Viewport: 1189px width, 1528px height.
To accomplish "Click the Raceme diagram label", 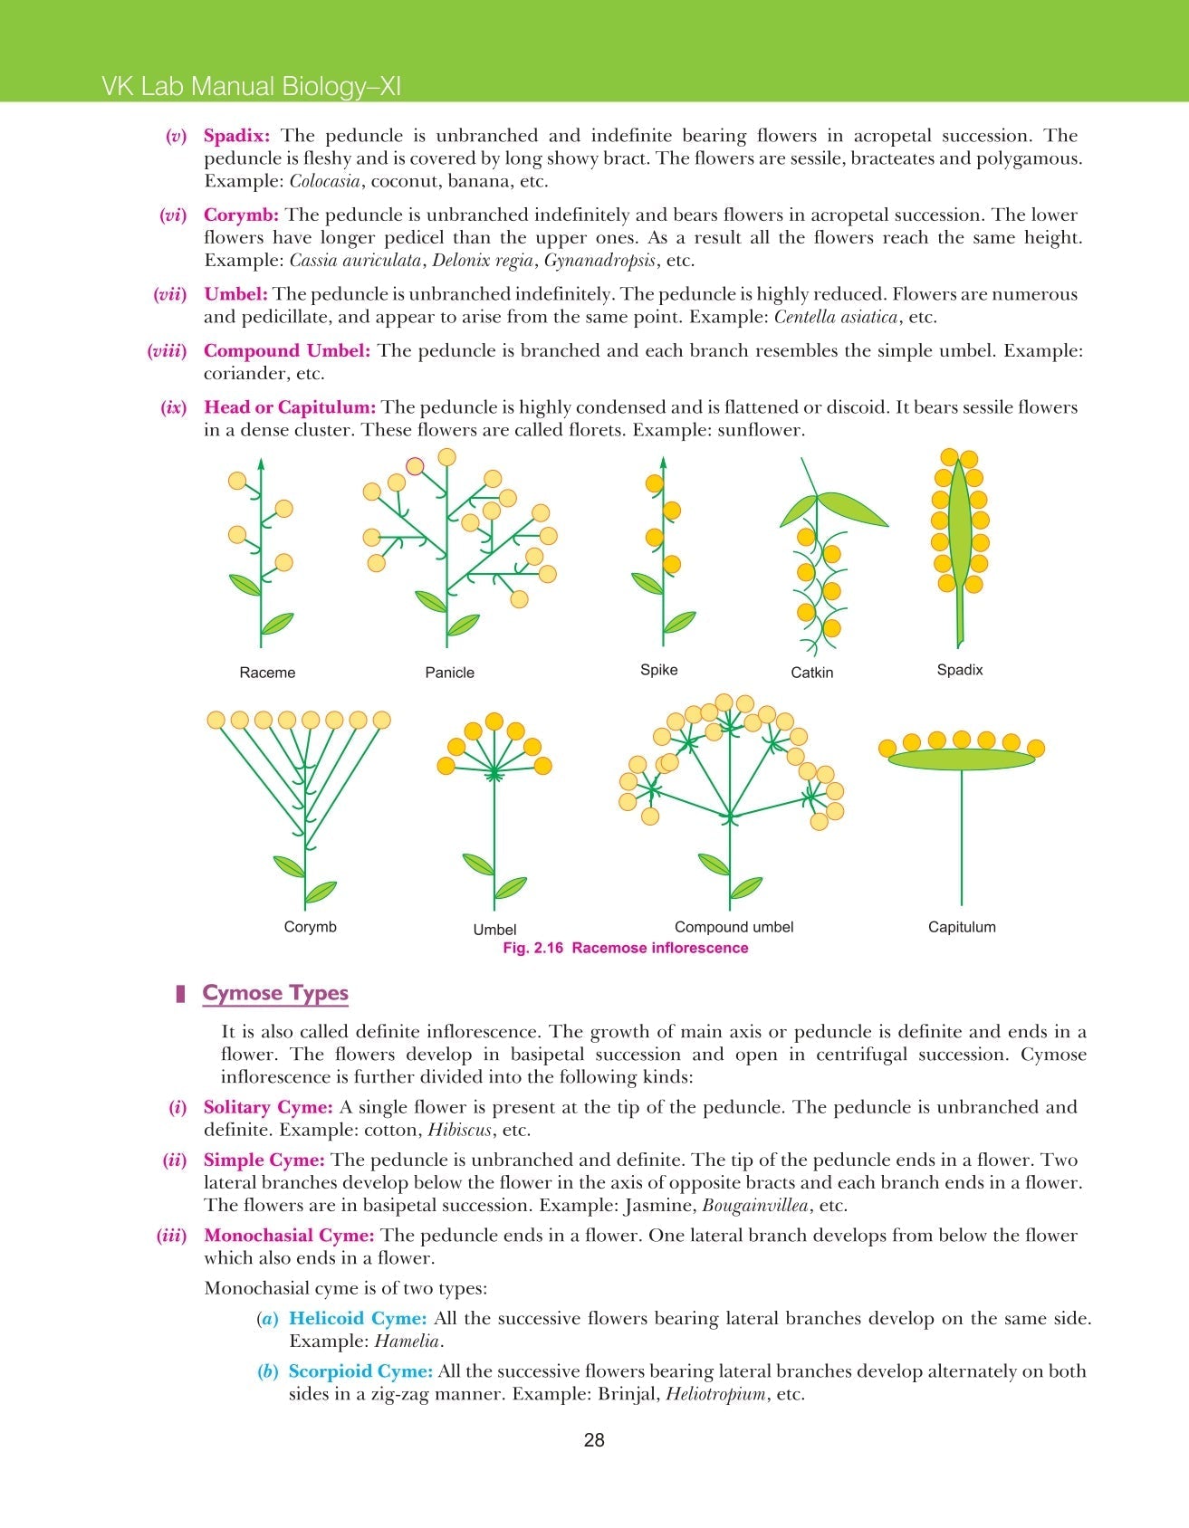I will (x=267, y=673).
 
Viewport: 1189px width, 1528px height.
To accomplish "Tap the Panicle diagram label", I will (x=449, y=673).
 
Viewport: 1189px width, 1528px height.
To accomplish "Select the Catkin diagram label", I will (x=811, y=673).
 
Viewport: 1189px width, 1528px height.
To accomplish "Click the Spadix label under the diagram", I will (x=959, y=670).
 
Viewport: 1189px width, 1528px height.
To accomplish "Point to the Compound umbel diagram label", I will (x=734, y=927).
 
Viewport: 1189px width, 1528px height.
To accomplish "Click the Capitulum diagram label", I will (x=962, y=927).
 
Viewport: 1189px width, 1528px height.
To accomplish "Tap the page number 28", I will (x=594, y=1440).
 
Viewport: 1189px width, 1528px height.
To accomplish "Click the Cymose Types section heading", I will (x=275, y=993).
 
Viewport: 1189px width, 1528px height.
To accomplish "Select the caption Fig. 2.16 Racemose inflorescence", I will (x=625, y=948).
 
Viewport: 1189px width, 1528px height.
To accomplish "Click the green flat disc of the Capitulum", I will (x=961, y=759).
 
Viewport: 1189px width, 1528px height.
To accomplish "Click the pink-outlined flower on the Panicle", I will (x=415, y=466).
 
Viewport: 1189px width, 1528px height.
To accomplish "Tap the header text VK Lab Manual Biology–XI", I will (x=251, y=87).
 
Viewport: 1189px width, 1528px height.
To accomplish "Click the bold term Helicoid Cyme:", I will (x=357, y=1319).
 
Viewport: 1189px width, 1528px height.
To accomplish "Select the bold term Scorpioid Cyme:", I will (x=360, y=1371).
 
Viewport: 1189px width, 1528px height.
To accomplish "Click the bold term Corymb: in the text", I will (x=241, y=215).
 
